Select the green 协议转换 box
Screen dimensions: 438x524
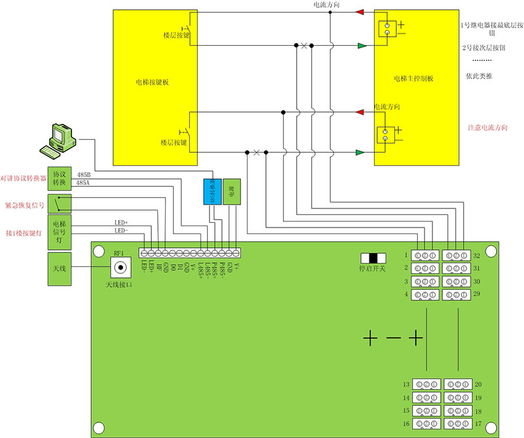(x=60, y=178)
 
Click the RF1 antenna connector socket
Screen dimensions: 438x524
(x=120, y=268)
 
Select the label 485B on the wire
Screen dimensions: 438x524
(x=84, y=176)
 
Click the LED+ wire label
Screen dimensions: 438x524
(x=122, y=223)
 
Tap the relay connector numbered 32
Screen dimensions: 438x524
(x=456, y=255)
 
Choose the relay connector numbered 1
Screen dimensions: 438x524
(x=424, y=255)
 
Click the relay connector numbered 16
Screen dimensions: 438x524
(x=424, y=424)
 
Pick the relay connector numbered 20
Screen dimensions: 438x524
(x=456, y=384)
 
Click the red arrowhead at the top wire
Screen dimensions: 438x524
(x=359, y=12)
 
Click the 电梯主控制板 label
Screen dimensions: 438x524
(x=414, y=79)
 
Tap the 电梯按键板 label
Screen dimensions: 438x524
(x=153, y=83)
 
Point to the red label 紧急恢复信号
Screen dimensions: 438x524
(x=24, y=205)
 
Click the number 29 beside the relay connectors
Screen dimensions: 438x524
(x=477, y=295)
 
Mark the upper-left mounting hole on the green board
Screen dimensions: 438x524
(x=100, y=251)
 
